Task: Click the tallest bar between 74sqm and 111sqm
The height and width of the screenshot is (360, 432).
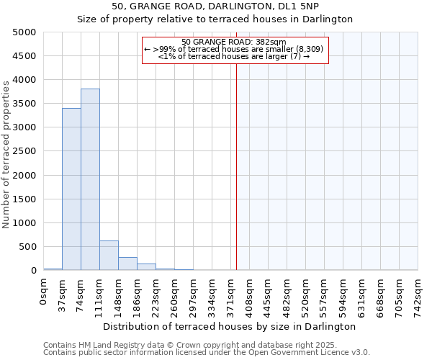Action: coord(90,180)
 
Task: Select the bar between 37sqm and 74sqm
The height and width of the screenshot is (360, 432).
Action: coord(71,189)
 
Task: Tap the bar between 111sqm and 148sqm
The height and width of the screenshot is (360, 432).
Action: coord(109,256)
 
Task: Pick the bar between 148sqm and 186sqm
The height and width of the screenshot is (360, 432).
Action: coord(127,264)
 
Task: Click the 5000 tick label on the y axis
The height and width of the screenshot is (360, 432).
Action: coord(24,32)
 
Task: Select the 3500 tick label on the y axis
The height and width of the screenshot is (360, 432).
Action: coord(24,104)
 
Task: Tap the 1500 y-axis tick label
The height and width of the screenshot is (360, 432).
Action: coord(24,199)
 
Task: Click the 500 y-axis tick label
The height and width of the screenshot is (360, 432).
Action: coord(27,247)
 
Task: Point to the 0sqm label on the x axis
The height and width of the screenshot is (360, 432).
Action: coord(44,289)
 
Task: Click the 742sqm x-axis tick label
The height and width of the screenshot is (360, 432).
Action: coord(418,293)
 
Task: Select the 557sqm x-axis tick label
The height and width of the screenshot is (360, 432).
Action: coord(325,293)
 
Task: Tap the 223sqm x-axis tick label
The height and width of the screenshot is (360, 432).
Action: coord(156,293)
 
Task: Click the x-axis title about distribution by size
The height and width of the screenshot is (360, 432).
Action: coord(230,326)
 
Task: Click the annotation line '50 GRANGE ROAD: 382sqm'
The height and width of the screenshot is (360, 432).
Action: coord(234,42)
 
